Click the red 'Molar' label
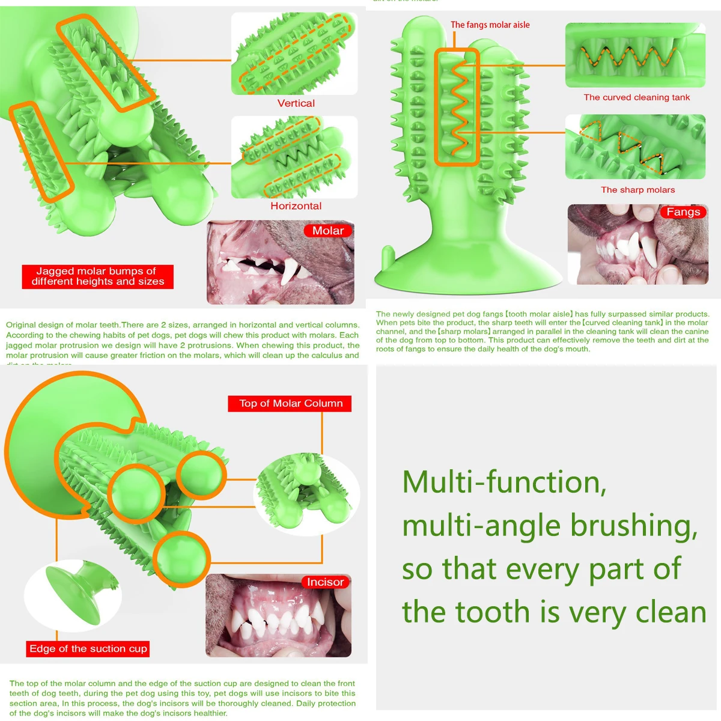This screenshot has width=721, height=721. [328, 231]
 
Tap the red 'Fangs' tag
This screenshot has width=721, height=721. [683, 212]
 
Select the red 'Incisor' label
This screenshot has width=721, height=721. [325, 582]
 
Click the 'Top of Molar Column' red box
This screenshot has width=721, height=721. [290, 404]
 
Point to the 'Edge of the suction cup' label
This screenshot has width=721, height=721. [88, 649]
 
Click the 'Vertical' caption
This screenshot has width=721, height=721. [296, 103]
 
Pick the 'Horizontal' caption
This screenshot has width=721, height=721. [296, 206]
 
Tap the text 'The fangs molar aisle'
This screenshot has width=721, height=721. [490, 25]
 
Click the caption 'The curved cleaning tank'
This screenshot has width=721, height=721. [636, 97]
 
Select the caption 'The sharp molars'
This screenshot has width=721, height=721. [637, 190]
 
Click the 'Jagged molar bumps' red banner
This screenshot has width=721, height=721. [97, 276]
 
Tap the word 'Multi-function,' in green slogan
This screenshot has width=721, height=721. [504, 482]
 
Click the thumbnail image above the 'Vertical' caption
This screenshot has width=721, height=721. [294, 54]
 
